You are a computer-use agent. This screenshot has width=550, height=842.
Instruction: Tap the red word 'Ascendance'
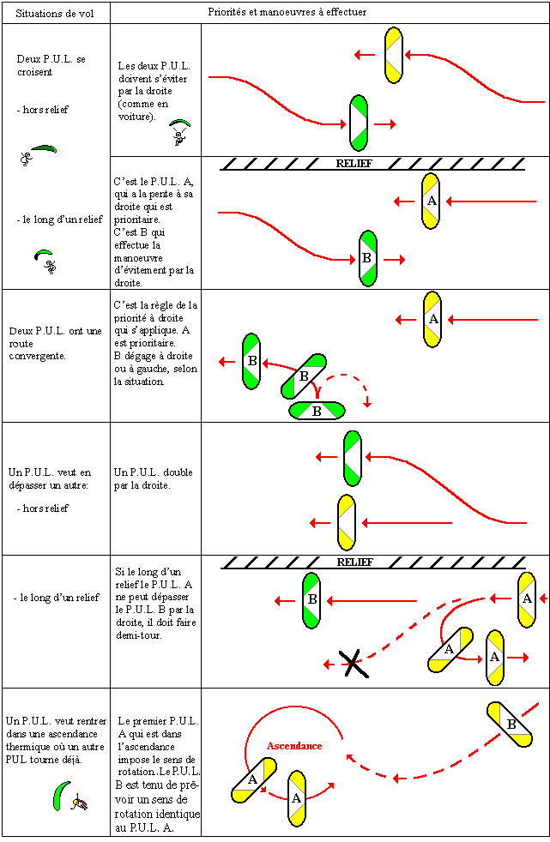pyautogui.click(x=294, y=746)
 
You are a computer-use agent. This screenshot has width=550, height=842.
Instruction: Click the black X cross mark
pyautogui.click(x=351, y=663)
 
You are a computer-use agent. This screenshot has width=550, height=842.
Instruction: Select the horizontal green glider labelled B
pyautogui.click(x=317, y=412)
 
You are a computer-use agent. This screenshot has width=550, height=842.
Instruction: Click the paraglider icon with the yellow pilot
pyautogui.click(x=70, y=797)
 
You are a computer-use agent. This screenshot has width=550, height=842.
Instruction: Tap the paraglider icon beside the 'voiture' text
pyautogui.click(x=178, y=130)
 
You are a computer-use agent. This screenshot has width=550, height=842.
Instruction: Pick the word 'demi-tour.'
pyautogui.click(x=140, y=635)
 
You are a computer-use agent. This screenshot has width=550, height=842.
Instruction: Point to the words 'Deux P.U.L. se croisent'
pyautogui.click(x=51, y=65)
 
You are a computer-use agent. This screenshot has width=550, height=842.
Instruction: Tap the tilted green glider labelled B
pyautogui.click(x=304, y=376)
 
